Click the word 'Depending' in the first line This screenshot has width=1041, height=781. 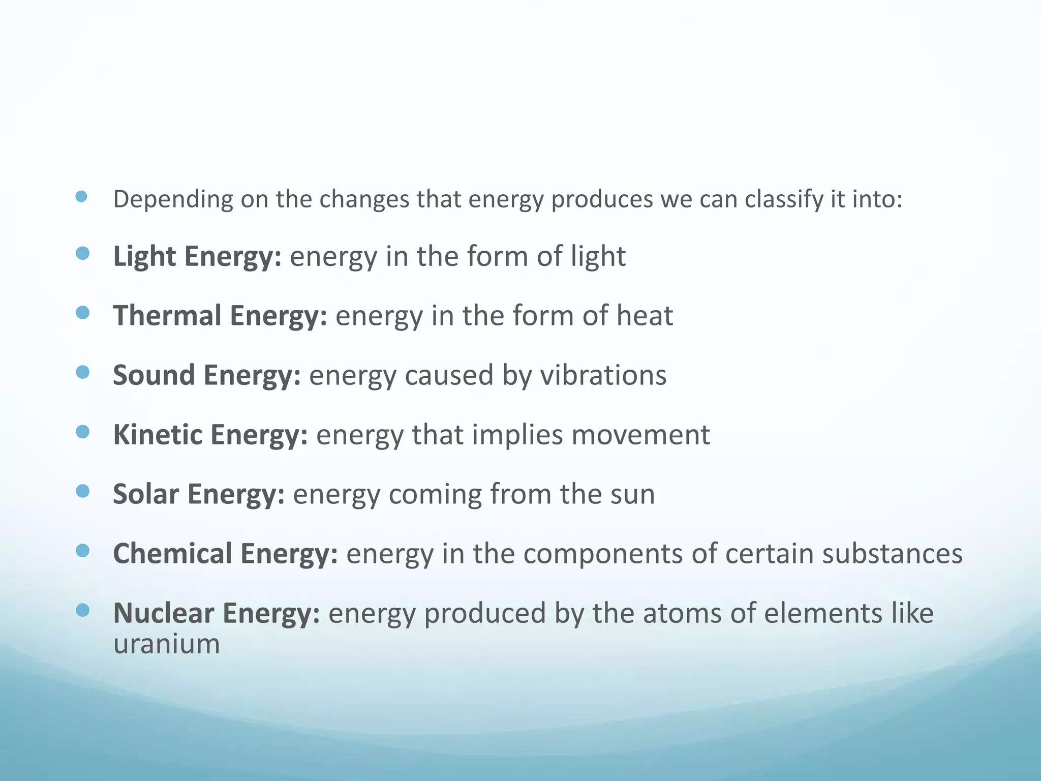[x=173, y=199]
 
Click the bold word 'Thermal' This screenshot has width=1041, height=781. [x=167, y=315]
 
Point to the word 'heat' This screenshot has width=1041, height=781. [x=645, y=315]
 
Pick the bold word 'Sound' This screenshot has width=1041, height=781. [x=154, y=375]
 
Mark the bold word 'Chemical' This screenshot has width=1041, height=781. [x=172, y=553]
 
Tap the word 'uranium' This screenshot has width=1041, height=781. [x=166, y=644]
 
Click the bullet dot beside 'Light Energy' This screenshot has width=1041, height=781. [x=82, y=253]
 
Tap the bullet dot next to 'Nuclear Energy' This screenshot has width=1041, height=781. [x=82, y=610]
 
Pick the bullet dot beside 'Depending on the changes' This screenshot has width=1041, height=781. [x=81, y=197]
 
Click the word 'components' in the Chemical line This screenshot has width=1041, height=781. [x=603, y=553]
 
